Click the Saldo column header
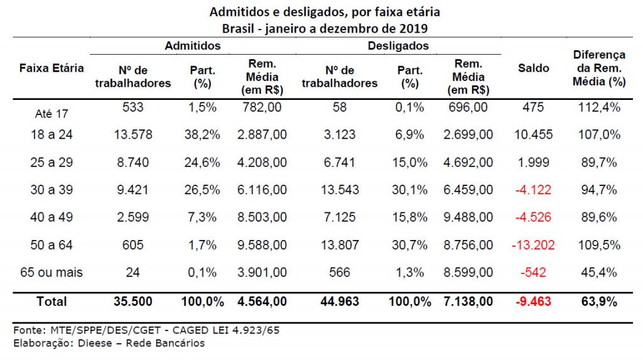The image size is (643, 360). click(x=533, y=68)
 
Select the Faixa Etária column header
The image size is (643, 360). click(x=51, y=68)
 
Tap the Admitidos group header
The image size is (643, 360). click(x=193, y=46)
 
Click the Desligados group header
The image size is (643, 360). click(x=399, y=46)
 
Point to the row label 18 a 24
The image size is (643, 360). click(x=51, y=134)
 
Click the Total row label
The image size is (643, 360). click(x=51, y=302)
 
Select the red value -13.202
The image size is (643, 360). click(x=533, y=245)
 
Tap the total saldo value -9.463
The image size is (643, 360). click(x=533, y=302)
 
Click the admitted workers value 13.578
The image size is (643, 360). click(x=132, y=134)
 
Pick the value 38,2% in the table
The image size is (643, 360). click(x=203, y=134)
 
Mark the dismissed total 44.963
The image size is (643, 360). click(x=340, y=302)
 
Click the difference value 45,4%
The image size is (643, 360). click(x=599, y=273)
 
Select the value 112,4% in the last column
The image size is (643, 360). click(x=599, y=107)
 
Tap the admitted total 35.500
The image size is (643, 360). click(x=132, y=302)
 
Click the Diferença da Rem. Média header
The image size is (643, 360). click(x=599, y=68)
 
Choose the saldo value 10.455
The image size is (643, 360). click(x=533, y=134)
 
